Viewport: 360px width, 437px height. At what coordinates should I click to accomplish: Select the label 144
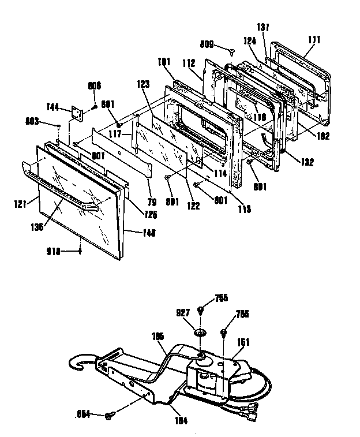53,106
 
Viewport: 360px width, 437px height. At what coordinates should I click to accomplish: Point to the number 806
94,85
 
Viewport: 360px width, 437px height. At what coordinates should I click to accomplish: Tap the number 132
307,162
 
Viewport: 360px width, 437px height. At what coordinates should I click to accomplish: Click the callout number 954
84,414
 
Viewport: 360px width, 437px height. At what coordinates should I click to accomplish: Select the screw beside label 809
232,51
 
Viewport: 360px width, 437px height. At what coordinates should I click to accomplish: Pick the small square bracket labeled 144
76,114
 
